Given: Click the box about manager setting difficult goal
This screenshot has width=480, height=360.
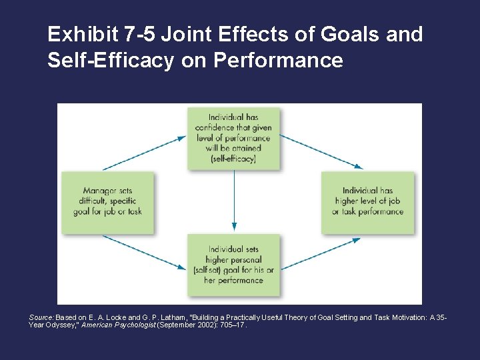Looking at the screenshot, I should tap(107, 202).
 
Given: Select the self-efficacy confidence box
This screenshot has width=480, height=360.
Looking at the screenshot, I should tap(233, 137).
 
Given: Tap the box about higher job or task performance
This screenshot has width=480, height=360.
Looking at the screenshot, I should tap(367, 202).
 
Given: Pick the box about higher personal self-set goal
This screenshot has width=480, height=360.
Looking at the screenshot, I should tap(233, 265).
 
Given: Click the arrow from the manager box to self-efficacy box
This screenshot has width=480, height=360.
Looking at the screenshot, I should tap(144, 153).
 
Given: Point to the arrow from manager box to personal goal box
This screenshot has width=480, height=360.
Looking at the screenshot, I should tap(144, 252).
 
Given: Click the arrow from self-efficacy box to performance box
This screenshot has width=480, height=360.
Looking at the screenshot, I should tap(321, 152).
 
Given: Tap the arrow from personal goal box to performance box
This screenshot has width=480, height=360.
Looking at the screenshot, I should tap(321, 253).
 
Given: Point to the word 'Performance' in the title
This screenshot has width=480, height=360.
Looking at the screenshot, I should tap(279, 61).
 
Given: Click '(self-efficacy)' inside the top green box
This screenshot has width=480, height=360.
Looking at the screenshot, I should tap(233, 160).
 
